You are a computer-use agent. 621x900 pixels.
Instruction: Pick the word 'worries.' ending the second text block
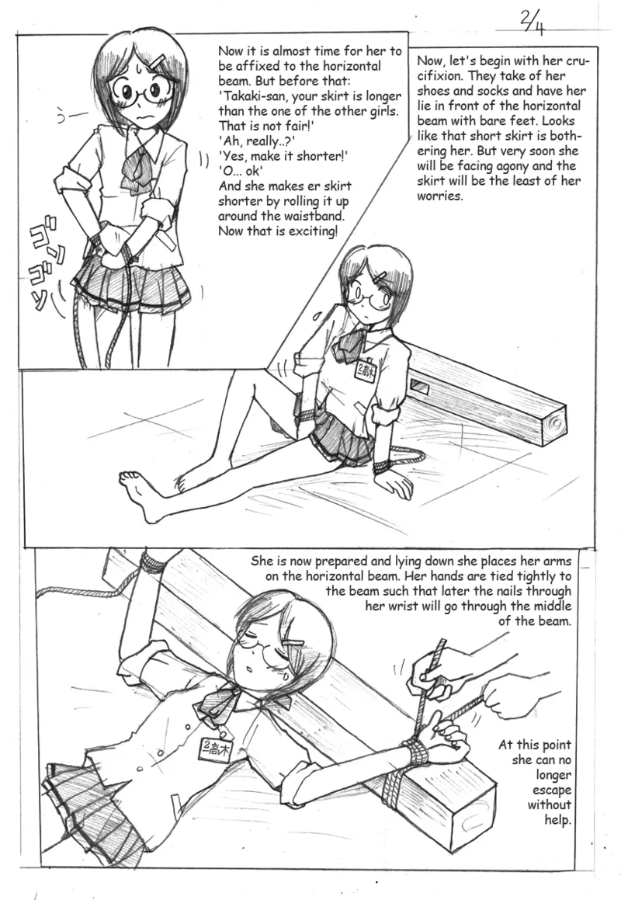tap(440, 196)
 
